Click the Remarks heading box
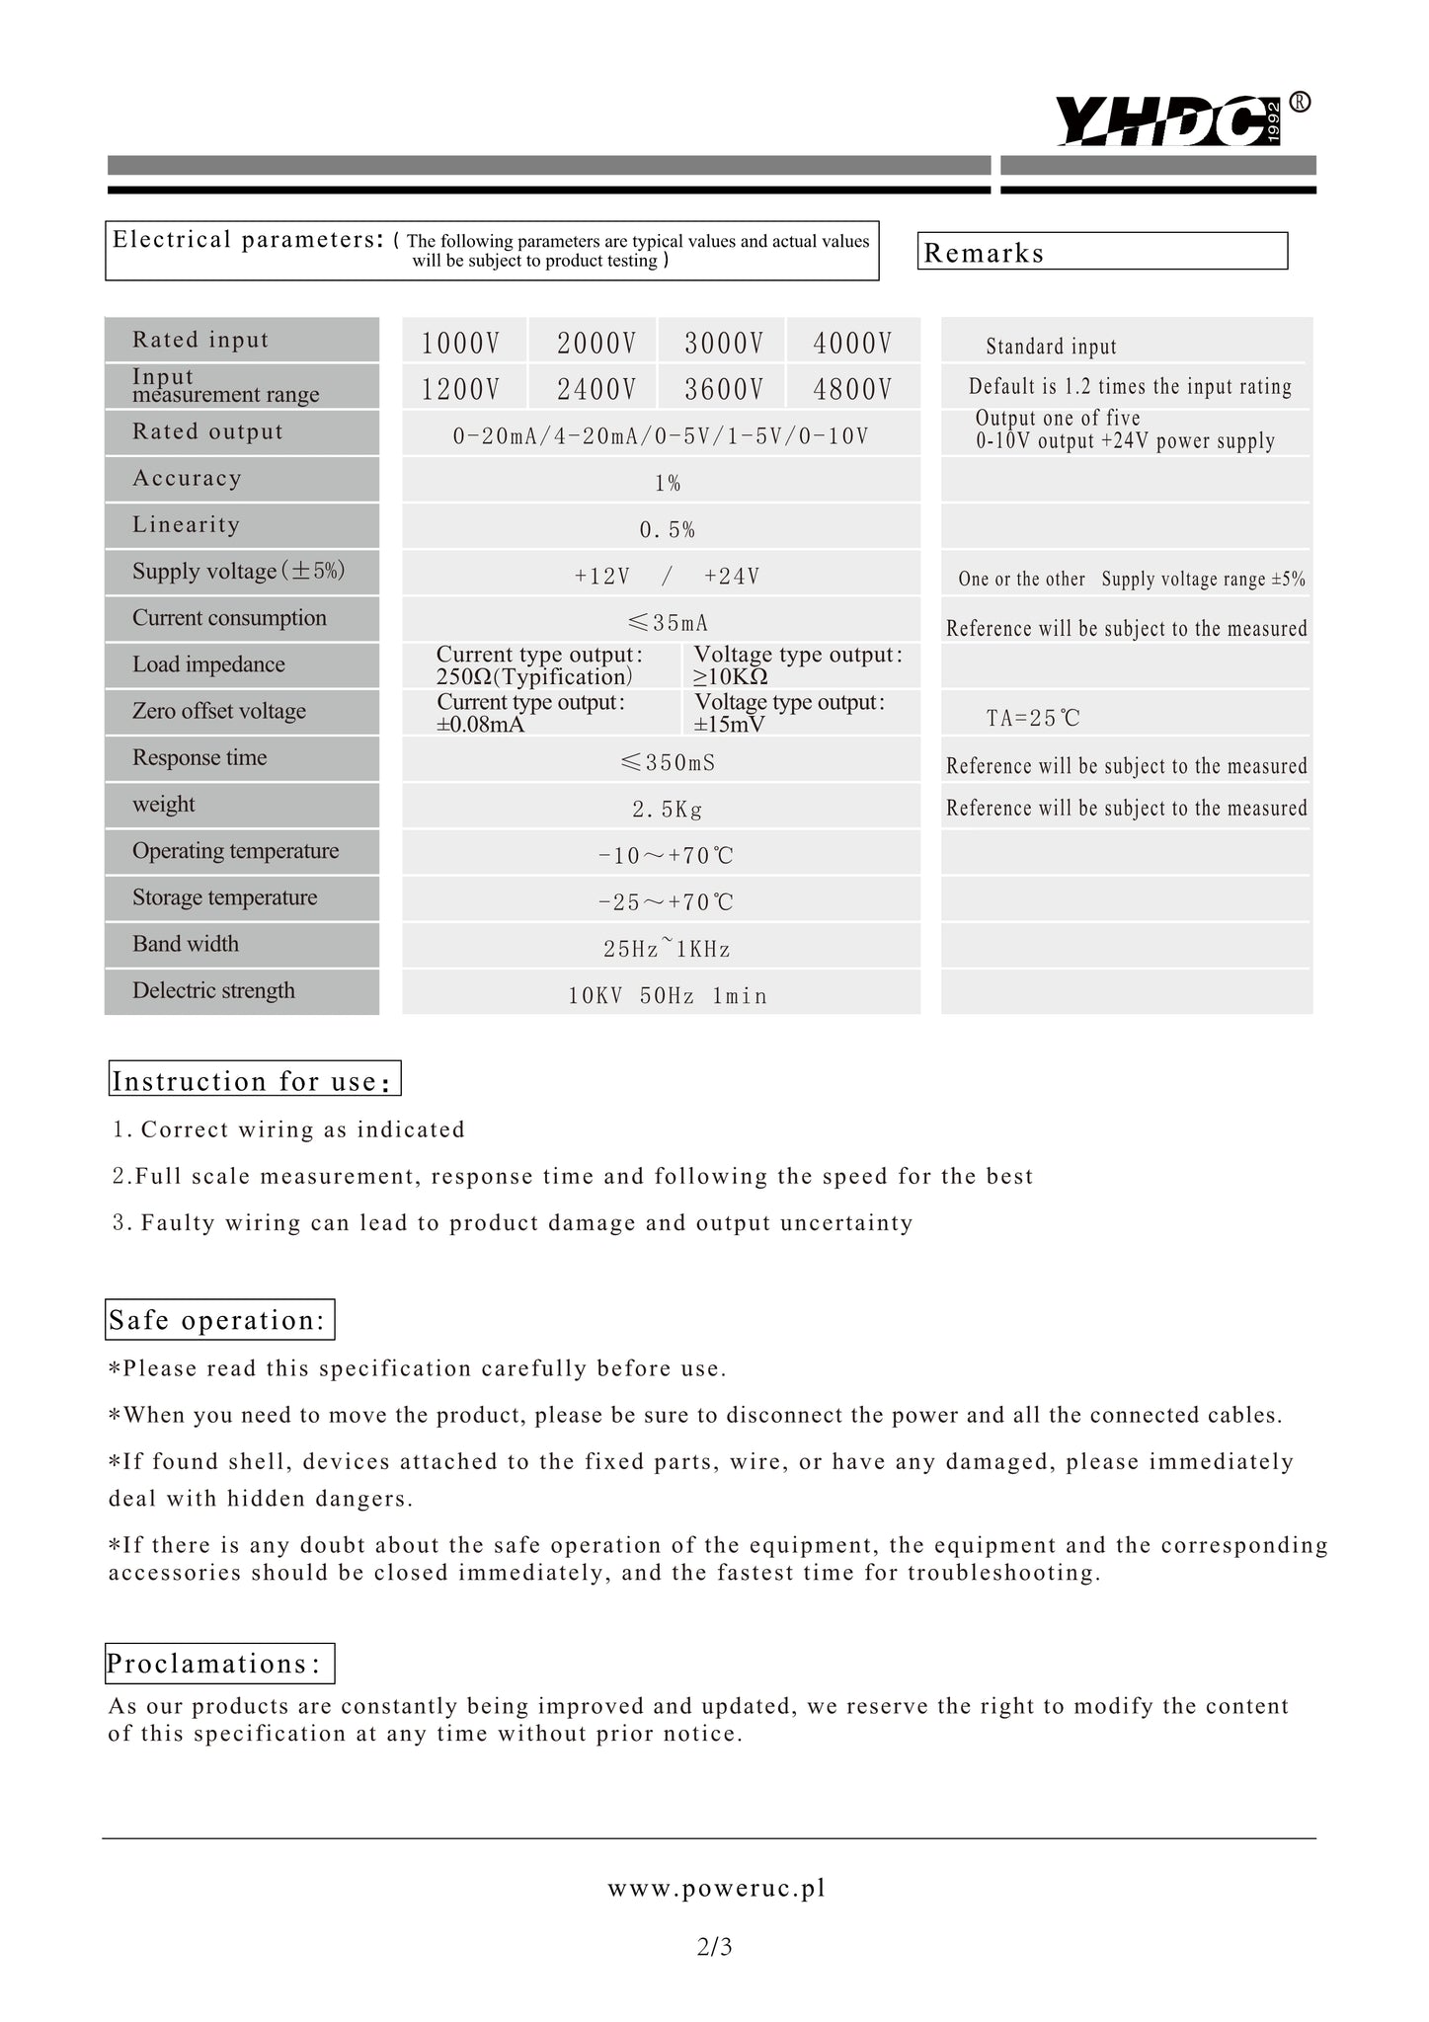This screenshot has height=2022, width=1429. [x=1102, y=252]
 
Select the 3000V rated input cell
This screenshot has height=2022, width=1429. [x=724, y=343]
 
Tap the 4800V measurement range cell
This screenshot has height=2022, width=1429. [x=852, y=389]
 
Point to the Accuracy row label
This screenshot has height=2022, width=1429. [x=188, y=479]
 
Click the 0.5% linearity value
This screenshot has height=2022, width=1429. [x=667, y=530]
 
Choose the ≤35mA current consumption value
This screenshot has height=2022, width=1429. [x=668, y=623]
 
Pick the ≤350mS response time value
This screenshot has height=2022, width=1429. [x=668, y=763]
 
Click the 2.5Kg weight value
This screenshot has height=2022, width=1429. [x=668, y=810]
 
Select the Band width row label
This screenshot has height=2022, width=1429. [x=186, y=944]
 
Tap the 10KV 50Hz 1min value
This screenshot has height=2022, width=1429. [x=668, y=996]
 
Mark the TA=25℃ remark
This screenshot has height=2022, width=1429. [x=1033, y=718]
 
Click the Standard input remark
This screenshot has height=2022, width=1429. [x=1051, y=347]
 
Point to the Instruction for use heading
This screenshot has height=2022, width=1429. [x=254, y=1080]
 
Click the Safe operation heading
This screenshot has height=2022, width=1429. [x=219, y=1320]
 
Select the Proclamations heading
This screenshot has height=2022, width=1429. [x=219, y=1664]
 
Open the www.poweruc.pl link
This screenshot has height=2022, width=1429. [x=716, y=1888]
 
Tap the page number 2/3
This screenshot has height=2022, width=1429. [x=714, y=1947]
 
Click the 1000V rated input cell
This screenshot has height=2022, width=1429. [x=460, y=343]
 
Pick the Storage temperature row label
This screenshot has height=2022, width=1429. [x=225, y=897]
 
